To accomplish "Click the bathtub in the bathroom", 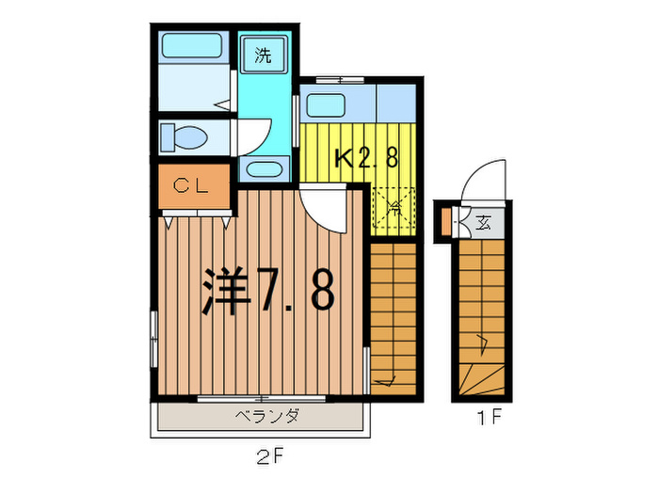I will coord(190,46).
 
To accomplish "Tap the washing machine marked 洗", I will coord(263,55).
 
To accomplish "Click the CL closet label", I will coord(192,186).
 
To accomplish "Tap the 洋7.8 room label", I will coord(267,293).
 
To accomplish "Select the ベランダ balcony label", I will coord(267,415).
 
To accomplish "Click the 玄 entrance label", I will coord(483,223).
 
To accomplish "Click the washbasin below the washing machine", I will coord(264,170).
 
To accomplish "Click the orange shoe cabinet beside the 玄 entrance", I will coord(446,223).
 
